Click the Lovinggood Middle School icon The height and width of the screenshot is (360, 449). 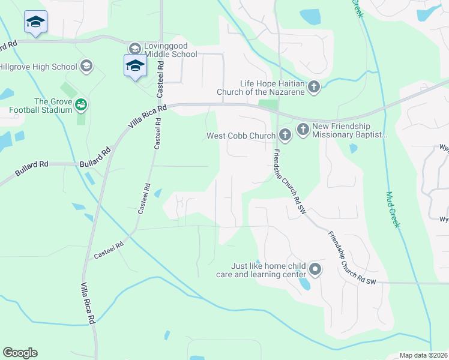(134, 48)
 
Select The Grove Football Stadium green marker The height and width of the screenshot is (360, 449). (81, 106)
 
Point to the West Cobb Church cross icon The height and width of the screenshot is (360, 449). (285, 135)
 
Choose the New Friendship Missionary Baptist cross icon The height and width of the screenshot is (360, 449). (303, 128)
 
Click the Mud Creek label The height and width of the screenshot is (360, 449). (393, 209)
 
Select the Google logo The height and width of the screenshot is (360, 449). (20, 353)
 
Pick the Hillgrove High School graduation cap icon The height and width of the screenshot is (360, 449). (86, 66)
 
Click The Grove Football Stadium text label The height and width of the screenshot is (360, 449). (36, 106)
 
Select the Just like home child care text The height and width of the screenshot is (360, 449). (261, 270)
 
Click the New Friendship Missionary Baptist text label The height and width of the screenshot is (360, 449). (349, 131)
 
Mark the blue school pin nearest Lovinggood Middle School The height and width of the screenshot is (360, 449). (135, 65)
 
